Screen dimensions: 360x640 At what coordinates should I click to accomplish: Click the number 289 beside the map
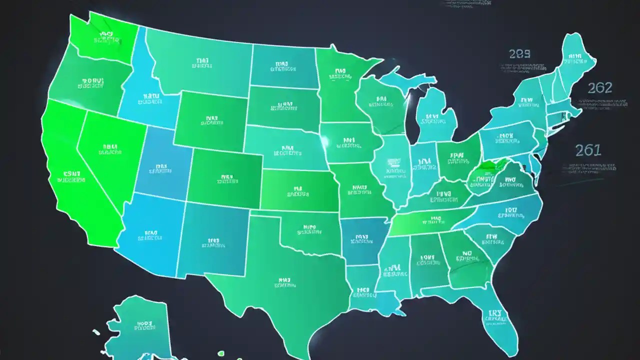click(x=519, y=54)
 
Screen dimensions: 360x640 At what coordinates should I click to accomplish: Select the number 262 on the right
click(x=599, y=88)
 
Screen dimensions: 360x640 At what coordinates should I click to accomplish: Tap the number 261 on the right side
click(x=588, y=150)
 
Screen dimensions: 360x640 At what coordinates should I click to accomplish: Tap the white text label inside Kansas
click(x=299, y=192)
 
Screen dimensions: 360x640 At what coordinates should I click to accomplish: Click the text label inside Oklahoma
click(x=306, y=229)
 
